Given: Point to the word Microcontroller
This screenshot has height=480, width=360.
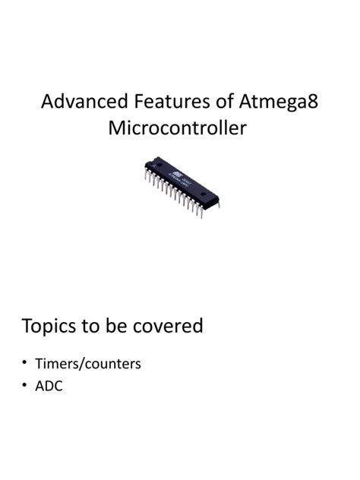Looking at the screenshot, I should click(178, 128).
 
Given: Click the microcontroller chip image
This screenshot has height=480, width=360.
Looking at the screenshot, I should click(181, 185).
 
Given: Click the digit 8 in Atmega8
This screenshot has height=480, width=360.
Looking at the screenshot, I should click(311, 102).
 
